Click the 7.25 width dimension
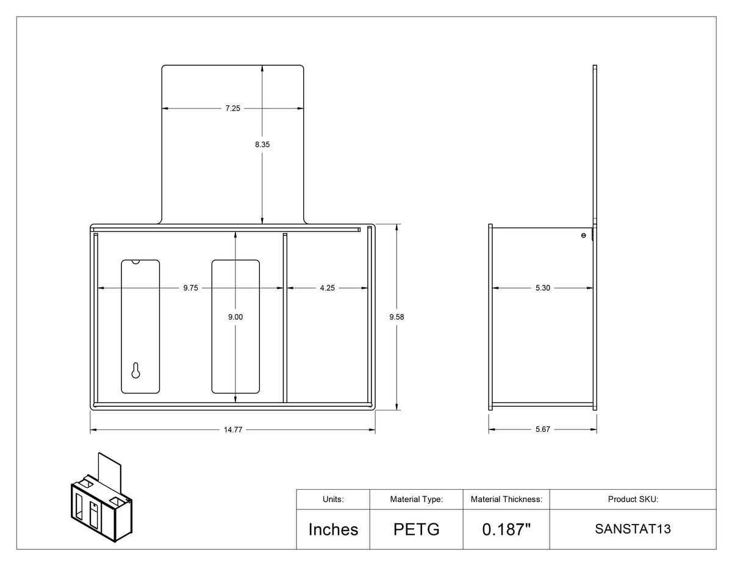(233, 109)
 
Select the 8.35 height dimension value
(262, 145)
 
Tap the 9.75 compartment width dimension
(191, 288)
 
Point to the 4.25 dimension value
(328, 288)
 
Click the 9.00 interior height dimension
(235, 317)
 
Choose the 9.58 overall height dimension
(396, 317)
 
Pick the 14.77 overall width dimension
(233, 429)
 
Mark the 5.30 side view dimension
(543, 288)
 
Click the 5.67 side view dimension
(543, 429)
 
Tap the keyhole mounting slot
(135, 371)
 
